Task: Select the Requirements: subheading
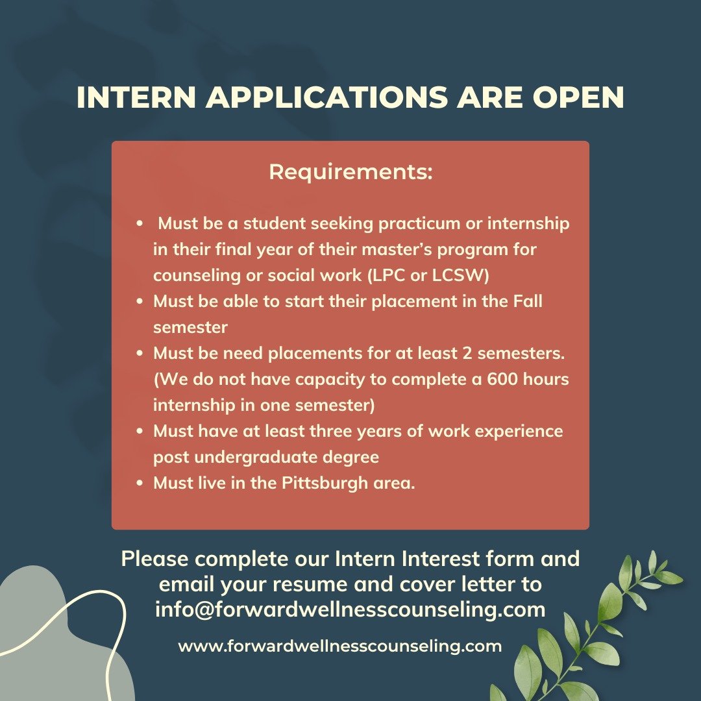click(x=350, y=173)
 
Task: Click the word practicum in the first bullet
click(x=395, y=224)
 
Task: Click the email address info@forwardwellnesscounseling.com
click(x=350, y=609)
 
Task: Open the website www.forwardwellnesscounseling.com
click(x=339, y=646)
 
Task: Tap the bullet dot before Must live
click(x=140, y=484)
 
